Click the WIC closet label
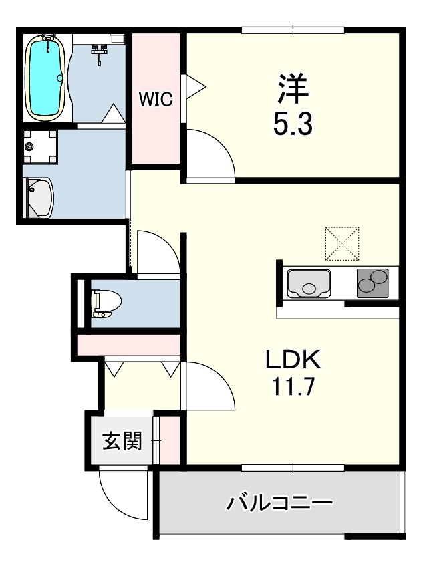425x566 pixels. (x=156, y=100)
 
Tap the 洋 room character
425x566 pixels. (x=293, y=87)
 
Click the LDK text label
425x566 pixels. (x=294, y=362)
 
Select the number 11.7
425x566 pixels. (x=294, y=387)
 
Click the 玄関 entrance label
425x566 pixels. (x=122, y=441)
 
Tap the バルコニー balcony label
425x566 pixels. (x=279, y=503)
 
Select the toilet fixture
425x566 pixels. (x=106, y=303)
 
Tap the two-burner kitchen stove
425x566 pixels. (x=372, y=283)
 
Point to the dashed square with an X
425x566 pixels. (x=342, y=243)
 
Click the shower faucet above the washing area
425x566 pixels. (x=100, y=51)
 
